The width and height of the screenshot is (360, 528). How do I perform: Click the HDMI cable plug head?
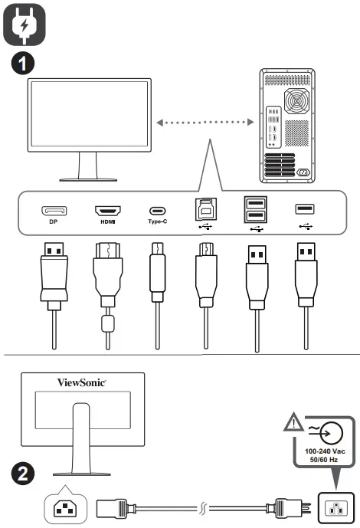tap(107, 272)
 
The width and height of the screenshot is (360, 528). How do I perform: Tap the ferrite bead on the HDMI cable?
tap(108, 321)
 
